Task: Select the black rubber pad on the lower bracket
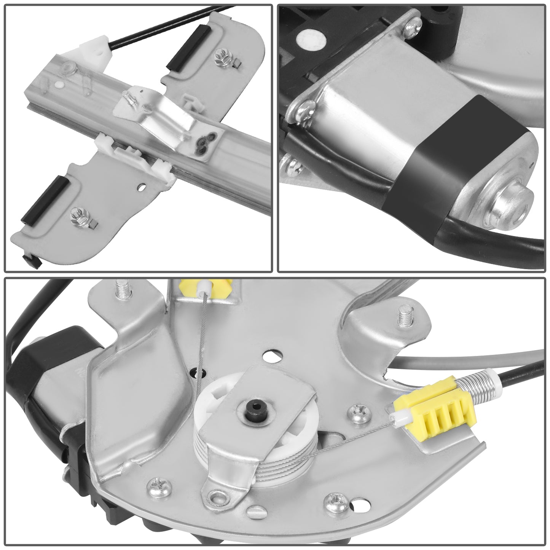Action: tap(45, 198)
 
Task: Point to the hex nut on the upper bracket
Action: tap(220, 57)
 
